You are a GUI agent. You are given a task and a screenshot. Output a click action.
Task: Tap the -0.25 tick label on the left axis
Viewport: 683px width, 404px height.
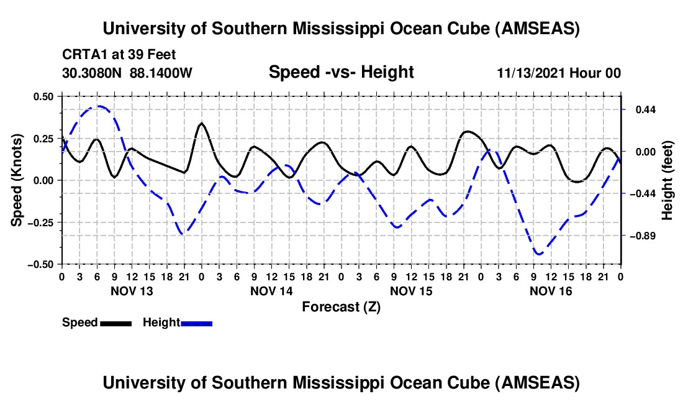[41, 222]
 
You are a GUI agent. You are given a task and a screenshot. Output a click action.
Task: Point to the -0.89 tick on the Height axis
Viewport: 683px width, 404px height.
[640, 236]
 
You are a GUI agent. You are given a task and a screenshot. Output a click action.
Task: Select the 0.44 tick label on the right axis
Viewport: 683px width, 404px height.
[640, 110]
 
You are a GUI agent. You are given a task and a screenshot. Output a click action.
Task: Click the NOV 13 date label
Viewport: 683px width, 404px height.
[132, 291]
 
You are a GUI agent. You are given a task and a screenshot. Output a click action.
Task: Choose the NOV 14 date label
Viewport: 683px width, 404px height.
[271, 291]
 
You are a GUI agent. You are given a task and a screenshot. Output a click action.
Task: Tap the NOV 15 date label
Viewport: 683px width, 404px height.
[411, 291]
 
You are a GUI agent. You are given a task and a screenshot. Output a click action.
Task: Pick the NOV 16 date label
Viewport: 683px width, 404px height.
[551, 291]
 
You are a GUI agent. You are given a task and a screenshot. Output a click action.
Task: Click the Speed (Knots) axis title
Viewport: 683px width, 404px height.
[18, 180]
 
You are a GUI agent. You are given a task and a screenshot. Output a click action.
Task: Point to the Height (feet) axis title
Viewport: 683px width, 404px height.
[667, 180]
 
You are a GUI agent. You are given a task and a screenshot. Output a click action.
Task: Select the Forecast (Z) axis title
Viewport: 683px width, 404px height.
[341, 307]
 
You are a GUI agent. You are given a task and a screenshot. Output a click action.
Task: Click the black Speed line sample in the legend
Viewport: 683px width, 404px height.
[115, 323]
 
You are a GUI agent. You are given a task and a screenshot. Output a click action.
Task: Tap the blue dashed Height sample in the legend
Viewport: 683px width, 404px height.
[196, 323]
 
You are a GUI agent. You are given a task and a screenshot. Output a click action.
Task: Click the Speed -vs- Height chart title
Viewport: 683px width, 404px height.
[341, 73]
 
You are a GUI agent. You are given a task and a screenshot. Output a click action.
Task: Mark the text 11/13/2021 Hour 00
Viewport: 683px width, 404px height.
[559, 73]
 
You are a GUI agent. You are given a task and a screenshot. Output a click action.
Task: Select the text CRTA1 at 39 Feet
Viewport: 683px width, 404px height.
[111, 55]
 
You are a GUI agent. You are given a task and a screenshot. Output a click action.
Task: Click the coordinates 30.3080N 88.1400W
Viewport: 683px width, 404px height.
[127, 73]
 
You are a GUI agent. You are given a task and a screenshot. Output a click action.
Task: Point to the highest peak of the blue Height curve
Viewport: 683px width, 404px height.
[98, 106]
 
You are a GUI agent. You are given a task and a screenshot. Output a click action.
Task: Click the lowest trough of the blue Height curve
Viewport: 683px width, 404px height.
[538, 254]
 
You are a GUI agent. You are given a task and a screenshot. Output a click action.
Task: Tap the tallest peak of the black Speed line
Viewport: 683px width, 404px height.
[201, 123]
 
